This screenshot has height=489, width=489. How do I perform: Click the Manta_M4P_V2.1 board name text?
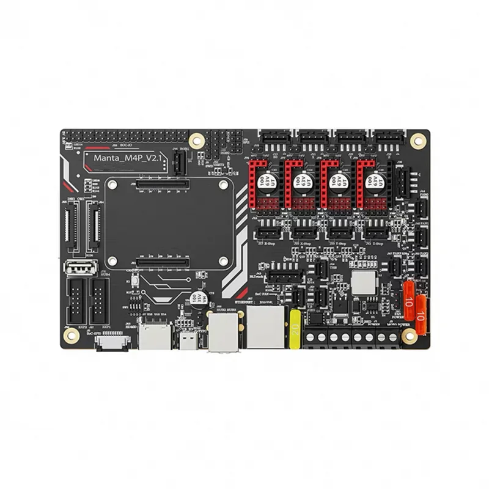125,159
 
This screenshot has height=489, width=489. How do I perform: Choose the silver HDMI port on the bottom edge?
151,335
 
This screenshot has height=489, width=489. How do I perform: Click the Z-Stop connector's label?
377,241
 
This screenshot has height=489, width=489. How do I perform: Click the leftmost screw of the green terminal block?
317,337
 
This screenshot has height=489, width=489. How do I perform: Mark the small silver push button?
134,283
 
